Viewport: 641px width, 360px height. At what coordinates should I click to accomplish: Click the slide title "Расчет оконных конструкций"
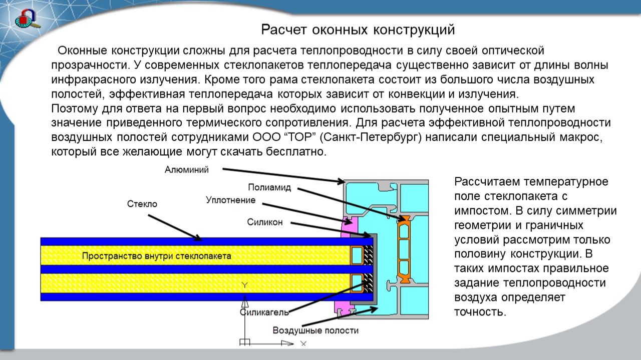click(x=358, y=30)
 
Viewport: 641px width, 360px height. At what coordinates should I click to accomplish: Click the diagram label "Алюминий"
click(x=187, y=170)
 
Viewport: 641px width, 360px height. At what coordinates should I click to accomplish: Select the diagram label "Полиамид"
click(x=269, y=188)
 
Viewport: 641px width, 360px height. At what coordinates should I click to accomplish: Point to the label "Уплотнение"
click(x=230, y=200)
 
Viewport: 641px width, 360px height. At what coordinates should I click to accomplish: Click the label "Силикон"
click(x=265, y=222)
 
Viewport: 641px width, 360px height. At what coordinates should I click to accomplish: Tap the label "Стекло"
click(x=142, y=204)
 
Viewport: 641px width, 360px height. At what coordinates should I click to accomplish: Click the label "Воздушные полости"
click(x=315, y=330)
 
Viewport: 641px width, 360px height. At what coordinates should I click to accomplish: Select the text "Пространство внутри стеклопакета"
click(x=157, y=256)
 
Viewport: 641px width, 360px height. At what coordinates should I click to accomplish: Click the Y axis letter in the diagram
click(x=244, y=285)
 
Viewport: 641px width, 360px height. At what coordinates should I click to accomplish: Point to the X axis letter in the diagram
click(x=303, y=343)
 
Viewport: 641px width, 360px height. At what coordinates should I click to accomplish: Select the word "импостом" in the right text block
click(x=482, y=210)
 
